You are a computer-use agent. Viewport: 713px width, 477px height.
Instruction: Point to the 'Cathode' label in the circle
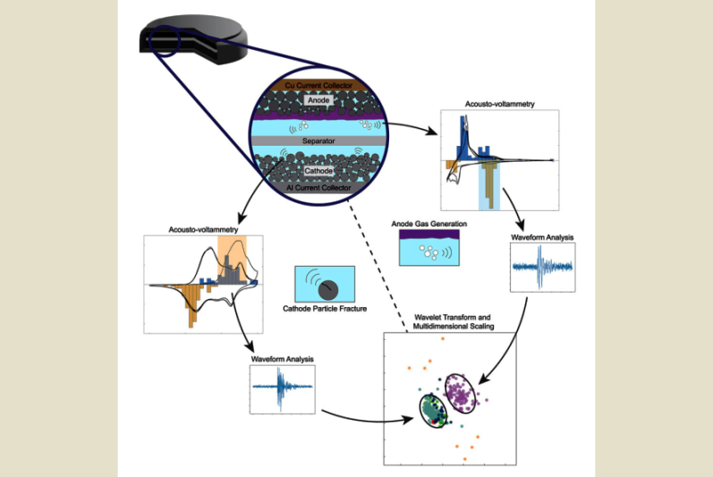click(319, 170)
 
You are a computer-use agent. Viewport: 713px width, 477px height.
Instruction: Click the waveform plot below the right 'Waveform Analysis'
click(542, 268)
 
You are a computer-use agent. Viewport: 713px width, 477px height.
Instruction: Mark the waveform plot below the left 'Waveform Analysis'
click(284, 388)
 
